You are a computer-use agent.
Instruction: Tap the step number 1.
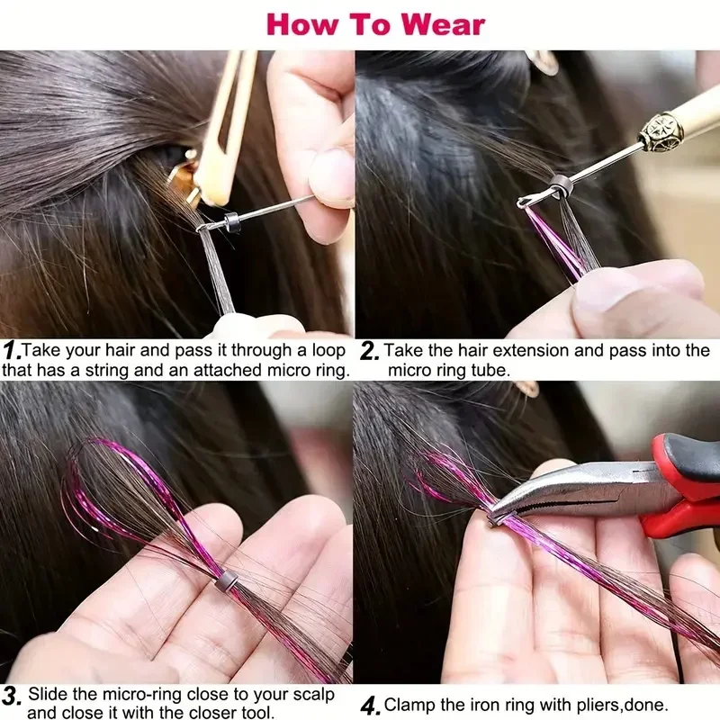pos(10,350)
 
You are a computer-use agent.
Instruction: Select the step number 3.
pos(11,696)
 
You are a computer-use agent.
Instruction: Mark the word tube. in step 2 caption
pos(492,370)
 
